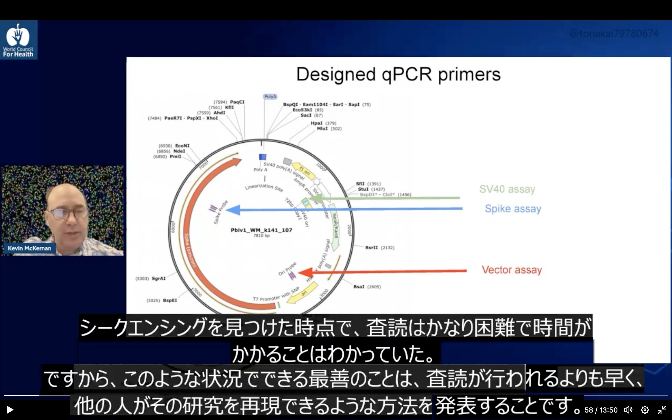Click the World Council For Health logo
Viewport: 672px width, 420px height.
18,40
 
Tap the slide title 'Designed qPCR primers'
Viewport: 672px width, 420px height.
399,74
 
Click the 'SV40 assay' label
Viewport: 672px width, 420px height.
507,189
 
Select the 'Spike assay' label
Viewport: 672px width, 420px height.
513,209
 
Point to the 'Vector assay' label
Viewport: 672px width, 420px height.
512,270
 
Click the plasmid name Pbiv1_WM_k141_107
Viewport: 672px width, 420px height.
261,230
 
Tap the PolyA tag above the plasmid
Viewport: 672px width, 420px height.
270,97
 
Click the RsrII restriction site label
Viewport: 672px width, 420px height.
371,248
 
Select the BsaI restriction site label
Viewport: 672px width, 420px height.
359,287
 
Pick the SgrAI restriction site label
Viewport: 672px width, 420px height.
159,278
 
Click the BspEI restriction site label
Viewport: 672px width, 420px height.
170,300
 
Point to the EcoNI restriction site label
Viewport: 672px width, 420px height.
182,146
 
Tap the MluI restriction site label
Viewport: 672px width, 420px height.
322,129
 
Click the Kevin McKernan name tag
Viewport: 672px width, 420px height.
29,248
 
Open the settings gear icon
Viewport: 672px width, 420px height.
645,410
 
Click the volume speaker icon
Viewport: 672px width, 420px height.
628,410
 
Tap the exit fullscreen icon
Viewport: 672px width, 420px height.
662,410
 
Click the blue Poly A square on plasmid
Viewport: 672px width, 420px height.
262,157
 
